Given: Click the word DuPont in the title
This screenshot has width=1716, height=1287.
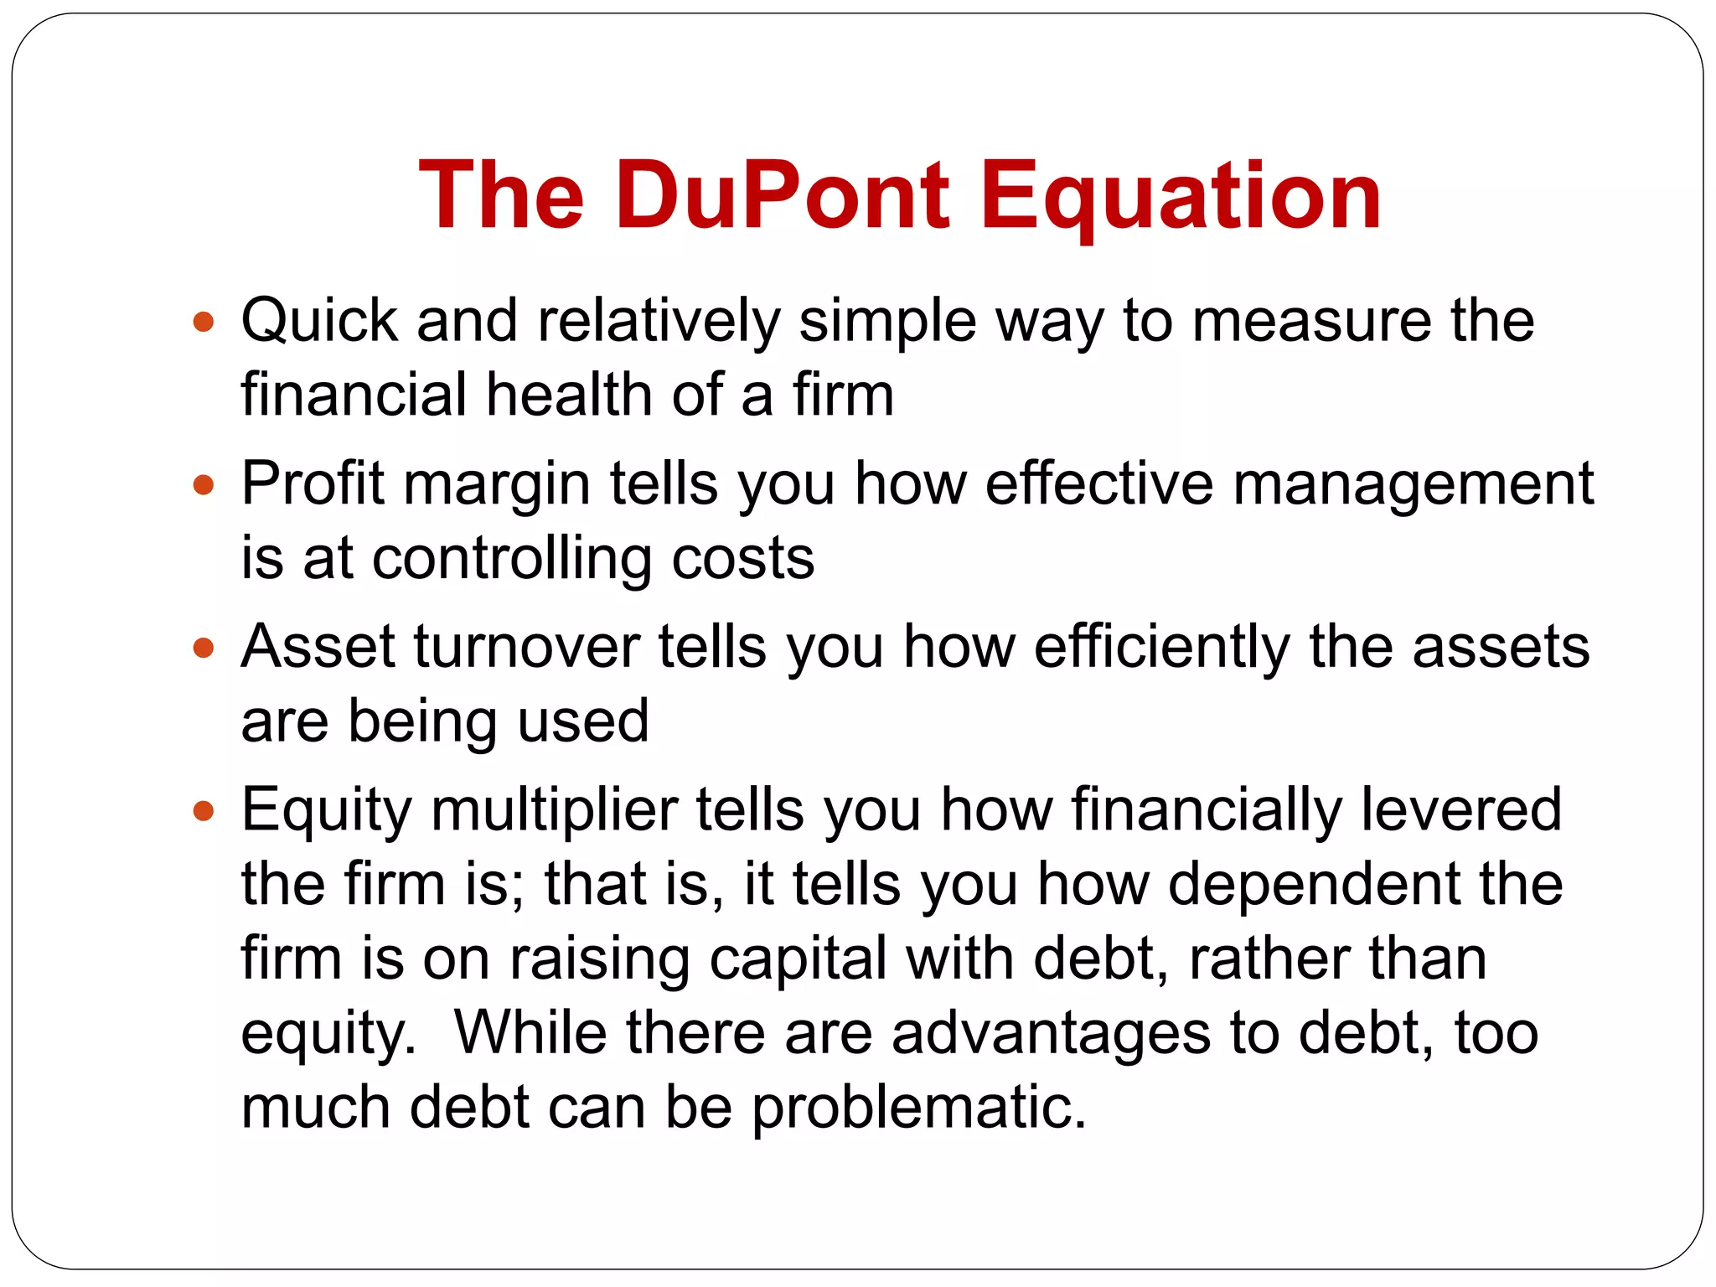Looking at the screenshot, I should [x=783, y=196].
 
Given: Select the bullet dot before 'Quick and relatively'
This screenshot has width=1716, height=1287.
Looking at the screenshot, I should [x=204, y=321].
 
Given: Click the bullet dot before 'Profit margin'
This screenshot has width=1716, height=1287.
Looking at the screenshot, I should [x=204, y=484].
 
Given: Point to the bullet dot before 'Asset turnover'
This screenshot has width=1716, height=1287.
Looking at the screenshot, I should [x=204, y=648].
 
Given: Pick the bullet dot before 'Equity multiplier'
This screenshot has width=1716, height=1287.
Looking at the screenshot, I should [x=204, y=810].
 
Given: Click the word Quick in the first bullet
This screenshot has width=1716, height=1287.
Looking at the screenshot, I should [x=319, y=321].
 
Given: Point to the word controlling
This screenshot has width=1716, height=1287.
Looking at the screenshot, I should [x=512, y=560].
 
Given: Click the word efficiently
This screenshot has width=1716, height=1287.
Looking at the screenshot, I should [x=1162, y=649].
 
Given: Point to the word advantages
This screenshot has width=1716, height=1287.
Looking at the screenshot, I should [x=1051, y=1033].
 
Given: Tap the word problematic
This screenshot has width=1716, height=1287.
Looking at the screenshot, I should [x=918, y=1109].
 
